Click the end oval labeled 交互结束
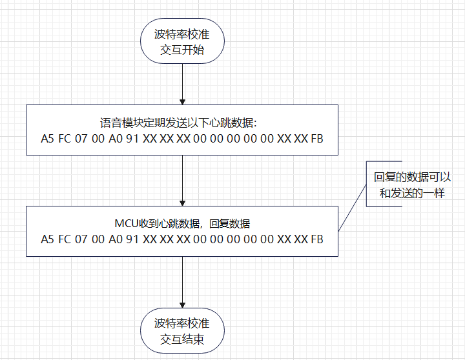pyautogui.click(x=182, y=331)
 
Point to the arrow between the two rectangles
pyautogui.click(x=182, y=181)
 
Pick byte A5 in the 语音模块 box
pyautogui.click(x=47, y=138)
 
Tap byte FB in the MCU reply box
pyautogui.click(x=317, y=239)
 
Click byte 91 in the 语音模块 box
pyautogui.click(x=132, y=138)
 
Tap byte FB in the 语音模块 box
pyautogui.click(x=317, y=138)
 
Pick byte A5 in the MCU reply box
pyautogui.click(x=47, y=239)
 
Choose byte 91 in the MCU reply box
pyautogui.click(x=132, y=239)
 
